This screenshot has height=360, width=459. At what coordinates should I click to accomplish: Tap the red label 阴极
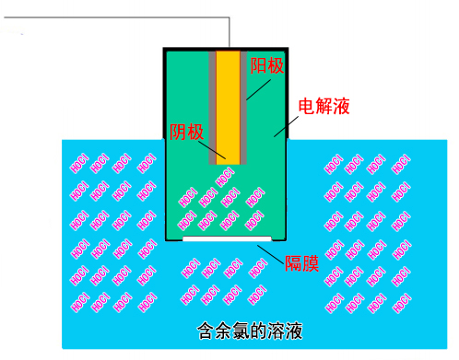point(187,132)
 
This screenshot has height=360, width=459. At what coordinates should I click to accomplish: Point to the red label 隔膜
point(301,262)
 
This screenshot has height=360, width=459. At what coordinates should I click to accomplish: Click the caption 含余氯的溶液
point(250,330)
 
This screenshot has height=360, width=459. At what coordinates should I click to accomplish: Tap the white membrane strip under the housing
point(219,238)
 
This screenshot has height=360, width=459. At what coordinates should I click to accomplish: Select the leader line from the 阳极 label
point(256,86)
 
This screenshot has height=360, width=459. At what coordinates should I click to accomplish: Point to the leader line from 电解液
point(286,123)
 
